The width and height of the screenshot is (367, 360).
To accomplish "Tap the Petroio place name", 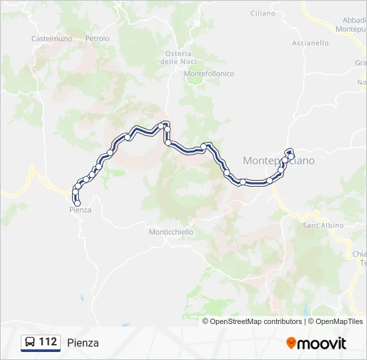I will tap(97, 39).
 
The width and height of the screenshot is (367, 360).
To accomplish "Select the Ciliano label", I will tap(262, 13).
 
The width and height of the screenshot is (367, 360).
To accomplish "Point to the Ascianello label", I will tap(310, 43).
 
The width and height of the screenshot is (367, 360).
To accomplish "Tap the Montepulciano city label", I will tap(278, 161).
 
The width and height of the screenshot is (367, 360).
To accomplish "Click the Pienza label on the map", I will tap(80, 210).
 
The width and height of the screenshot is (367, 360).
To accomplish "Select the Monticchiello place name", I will tap(171, 232).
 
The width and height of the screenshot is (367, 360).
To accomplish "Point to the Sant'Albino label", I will tap(323, 225).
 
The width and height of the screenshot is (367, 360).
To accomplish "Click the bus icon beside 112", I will tap(30, 342).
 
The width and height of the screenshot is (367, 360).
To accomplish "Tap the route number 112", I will tap(47, 342).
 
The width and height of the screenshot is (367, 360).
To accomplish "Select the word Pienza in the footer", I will tap(83, 343).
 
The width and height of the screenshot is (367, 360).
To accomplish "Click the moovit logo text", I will tap(322, 343).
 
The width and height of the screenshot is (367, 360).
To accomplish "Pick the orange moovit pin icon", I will tap(291, 343).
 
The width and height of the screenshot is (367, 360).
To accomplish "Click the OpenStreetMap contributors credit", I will tap(256, 321).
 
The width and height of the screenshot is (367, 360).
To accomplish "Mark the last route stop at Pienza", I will tap(77, 203).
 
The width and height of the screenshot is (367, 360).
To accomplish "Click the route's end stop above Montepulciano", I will tap(289, 151).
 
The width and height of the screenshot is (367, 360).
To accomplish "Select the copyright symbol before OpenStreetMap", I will tap(206, 321).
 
